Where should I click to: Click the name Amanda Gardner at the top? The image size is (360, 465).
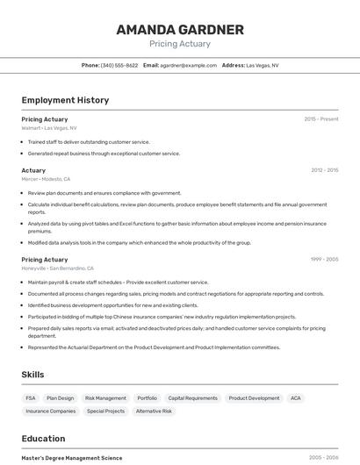coord(180,30)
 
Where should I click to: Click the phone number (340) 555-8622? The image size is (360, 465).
coord(119,65)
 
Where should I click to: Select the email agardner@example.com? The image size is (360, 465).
coord(188,65)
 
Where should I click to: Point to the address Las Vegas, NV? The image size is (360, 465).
coord(262,65)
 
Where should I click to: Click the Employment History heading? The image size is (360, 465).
coord(65,100)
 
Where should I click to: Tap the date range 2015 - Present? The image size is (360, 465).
coord(320,119)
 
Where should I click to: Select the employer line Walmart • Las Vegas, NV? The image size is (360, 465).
coord(49,128)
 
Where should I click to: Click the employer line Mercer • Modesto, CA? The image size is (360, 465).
coord(46,179)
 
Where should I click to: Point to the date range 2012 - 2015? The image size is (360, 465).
coord(324,170)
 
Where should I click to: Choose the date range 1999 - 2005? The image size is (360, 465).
coord(324,260)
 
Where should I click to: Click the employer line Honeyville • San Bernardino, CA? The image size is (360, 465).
coord(57,268)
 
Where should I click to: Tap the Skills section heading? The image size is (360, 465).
coord(32,375)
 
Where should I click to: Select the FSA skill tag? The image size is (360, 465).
coord(31,398)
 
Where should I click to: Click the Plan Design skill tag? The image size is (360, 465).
coord(61,398)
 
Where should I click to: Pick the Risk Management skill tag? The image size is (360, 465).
coord(105,398)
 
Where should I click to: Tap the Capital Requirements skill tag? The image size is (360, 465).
coord(192,398)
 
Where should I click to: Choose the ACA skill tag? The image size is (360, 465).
coord(296,398)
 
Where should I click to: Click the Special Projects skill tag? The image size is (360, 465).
coord(105,411)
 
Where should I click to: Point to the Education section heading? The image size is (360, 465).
coord(43,439)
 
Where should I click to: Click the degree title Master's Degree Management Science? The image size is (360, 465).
coord(72,458)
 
